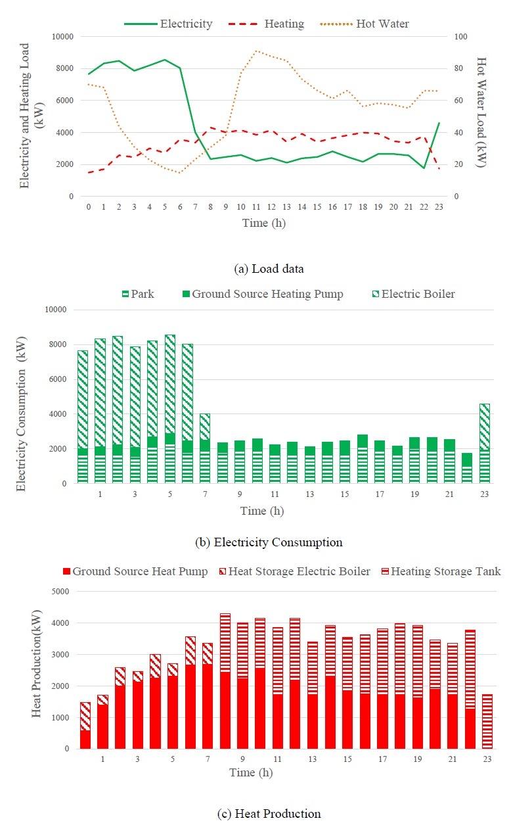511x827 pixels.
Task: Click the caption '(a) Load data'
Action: point(269,268)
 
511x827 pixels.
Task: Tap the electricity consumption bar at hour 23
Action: point(485,444)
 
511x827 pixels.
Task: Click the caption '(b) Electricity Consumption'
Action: point(269,542)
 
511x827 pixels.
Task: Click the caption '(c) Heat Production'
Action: point(269,814)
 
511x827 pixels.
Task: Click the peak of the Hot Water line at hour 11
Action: point(257,51)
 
